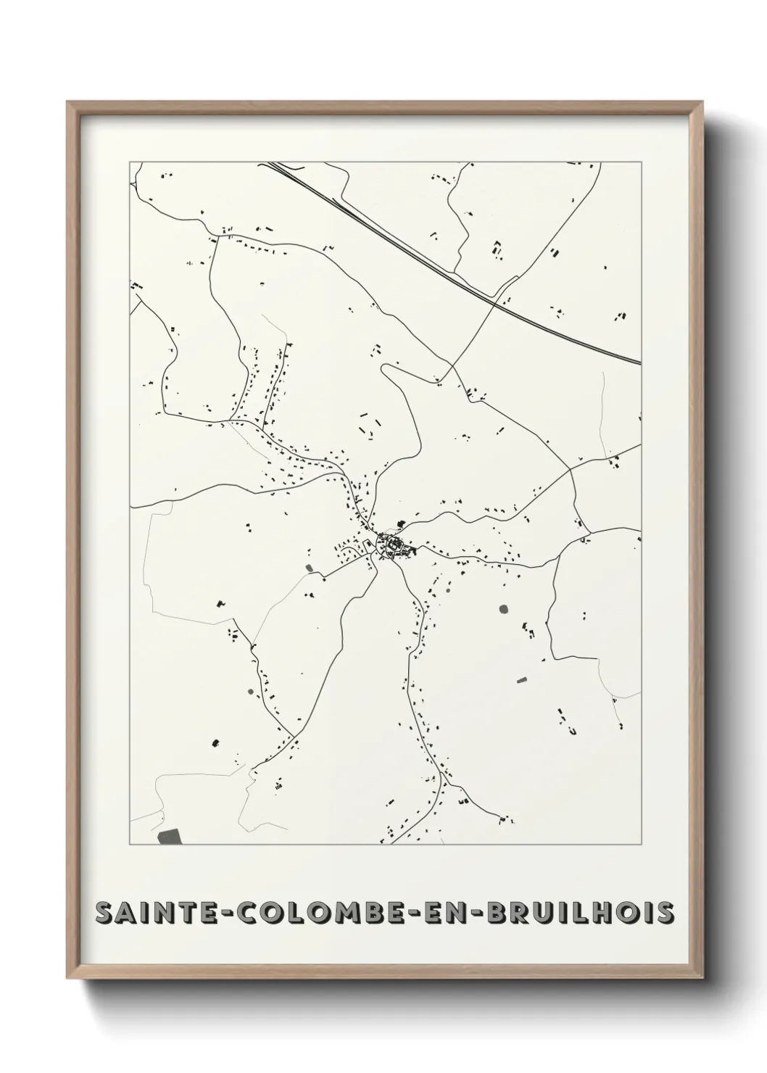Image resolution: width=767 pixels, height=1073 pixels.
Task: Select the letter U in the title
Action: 539,914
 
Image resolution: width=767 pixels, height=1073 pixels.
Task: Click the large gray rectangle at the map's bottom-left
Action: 171,837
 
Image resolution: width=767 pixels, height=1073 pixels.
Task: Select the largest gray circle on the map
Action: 504,609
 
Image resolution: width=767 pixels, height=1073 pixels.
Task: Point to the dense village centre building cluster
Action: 392,544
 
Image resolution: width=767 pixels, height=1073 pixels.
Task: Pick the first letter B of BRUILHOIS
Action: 495,914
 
